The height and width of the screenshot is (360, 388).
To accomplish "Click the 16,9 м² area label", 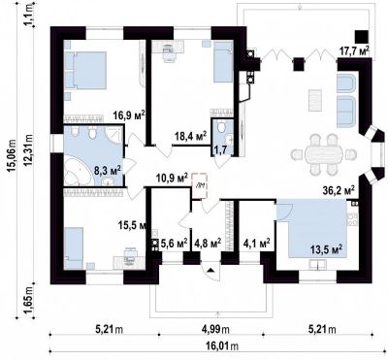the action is (129, 115).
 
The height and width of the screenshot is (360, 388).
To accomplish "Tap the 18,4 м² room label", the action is (190, 136).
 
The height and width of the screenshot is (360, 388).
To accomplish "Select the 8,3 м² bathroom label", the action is (108, 170).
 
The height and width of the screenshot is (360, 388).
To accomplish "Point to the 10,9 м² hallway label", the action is (173, 178).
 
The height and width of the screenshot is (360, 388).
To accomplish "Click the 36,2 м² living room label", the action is (339, 191).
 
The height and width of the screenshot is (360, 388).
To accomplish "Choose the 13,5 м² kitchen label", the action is (326, 249).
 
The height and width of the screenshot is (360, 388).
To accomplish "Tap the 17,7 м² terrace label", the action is (354, 50).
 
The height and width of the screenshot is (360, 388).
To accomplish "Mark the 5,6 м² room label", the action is (175, 243).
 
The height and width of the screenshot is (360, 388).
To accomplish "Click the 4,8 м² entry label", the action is (208, 243).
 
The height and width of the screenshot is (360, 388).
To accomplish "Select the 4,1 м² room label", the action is (257, 243).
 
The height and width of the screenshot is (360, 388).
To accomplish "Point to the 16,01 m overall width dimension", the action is (222, 346).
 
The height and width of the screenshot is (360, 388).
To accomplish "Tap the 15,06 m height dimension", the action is (13, 162).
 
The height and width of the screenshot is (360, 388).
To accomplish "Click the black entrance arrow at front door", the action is (210, 270).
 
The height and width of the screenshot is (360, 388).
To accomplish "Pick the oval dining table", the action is (323, 154).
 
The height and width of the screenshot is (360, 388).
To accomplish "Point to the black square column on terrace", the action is (362, 37).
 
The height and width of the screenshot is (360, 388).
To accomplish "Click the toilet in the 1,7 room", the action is (222, 126).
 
